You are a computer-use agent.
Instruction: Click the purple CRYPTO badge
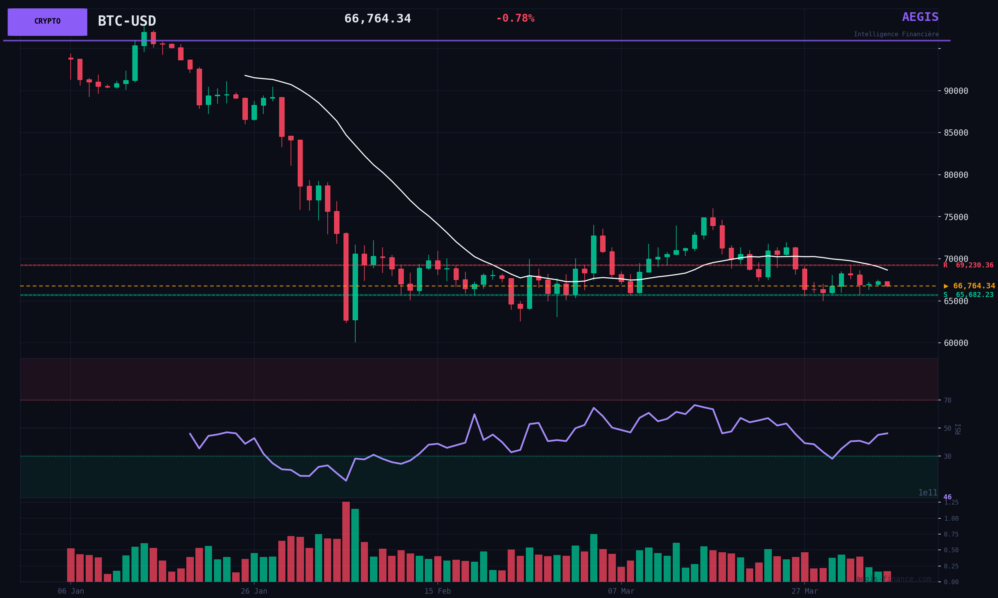tap(47, 22)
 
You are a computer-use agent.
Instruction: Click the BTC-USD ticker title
tap(127, 21)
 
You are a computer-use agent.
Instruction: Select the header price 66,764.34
tap(377, 19)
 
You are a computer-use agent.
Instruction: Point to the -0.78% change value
tap(515, 19)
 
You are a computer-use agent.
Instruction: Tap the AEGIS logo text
tap(920, 17)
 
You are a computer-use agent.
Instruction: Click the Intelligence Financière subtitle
tap(896, 34)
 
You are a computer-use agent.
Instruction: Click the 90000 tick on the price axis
tap(956, 91)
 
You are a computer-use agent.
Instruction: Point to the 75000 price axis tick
tap(956, 217)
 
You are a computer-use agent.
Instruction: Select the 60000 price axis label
tap(956, 343)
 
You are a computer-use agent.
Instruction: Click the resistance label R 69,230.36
tap(968, 265)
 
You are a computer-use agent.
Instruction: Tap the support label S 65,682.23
tap(968, 295)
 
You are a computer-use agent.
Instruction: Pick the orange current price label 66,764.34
tap(969, 286)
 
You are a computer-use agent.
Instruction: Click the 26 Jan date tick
tap(254, 591)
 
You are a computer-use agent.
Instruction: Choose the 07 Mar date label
tap(621, 591)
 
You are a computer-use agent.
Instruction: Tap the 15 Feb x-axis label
tap(437, 591)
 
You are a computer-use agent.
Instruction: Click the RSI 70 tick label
tap(947, 400)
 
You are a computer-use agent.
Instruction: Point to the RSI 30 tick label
tap(947, 456)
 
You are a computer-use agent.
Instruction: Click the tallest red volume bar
tap(346, 542)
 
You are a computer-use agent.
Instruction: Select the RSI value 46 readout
tap(947, 497)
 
